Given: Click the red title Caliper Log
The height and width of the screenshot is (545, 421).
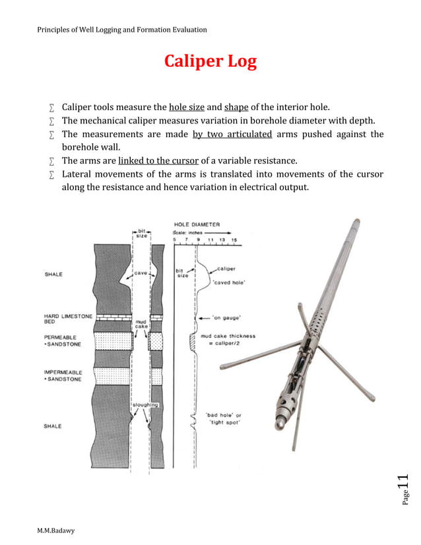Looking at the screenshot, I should [x=210, y=62].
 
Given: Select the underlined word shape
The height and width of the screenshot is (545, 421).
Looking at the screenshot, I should [x=236, y=107].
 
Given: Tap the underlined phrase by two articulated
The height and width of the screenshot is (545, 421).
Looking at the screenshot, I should [x=232, y=134].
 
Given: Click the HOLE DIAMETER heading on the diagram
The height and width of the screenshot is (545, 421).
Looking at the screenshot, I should [x=197, y=224].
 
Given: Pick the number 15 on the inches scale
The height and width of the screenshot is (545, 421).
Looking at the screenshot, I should [x=234, y=240].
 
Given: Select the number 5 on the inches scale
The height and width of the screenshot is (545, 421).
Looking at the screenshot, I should [x=175, y=240].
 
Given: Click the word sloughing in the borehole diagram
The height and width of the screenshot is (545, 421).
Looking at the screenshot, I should [x=144, y=404].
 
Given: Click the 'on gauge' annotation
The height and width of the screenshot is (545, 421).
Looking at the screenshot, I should [x=223, y=317].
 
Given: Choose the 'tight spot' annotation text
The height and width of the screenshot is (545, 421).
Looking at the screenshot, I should [x=225, y=422].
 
